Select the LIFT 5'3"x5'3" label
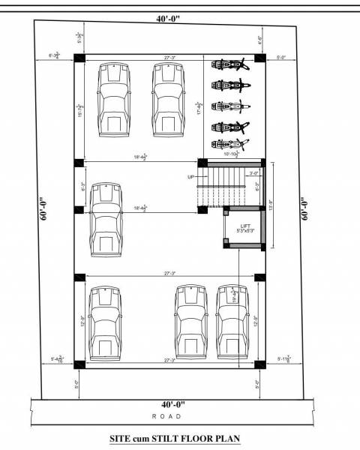[x=244, y=229]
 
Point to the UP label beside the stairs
[x=191, y=177]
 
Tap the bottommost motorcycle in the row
[x=229, y=144]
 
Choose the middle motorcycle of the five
[x=229, y=106]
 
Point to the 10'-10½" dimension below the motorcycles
[x=229, y=154]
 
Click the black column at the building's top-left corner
[x=79, y=59]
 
